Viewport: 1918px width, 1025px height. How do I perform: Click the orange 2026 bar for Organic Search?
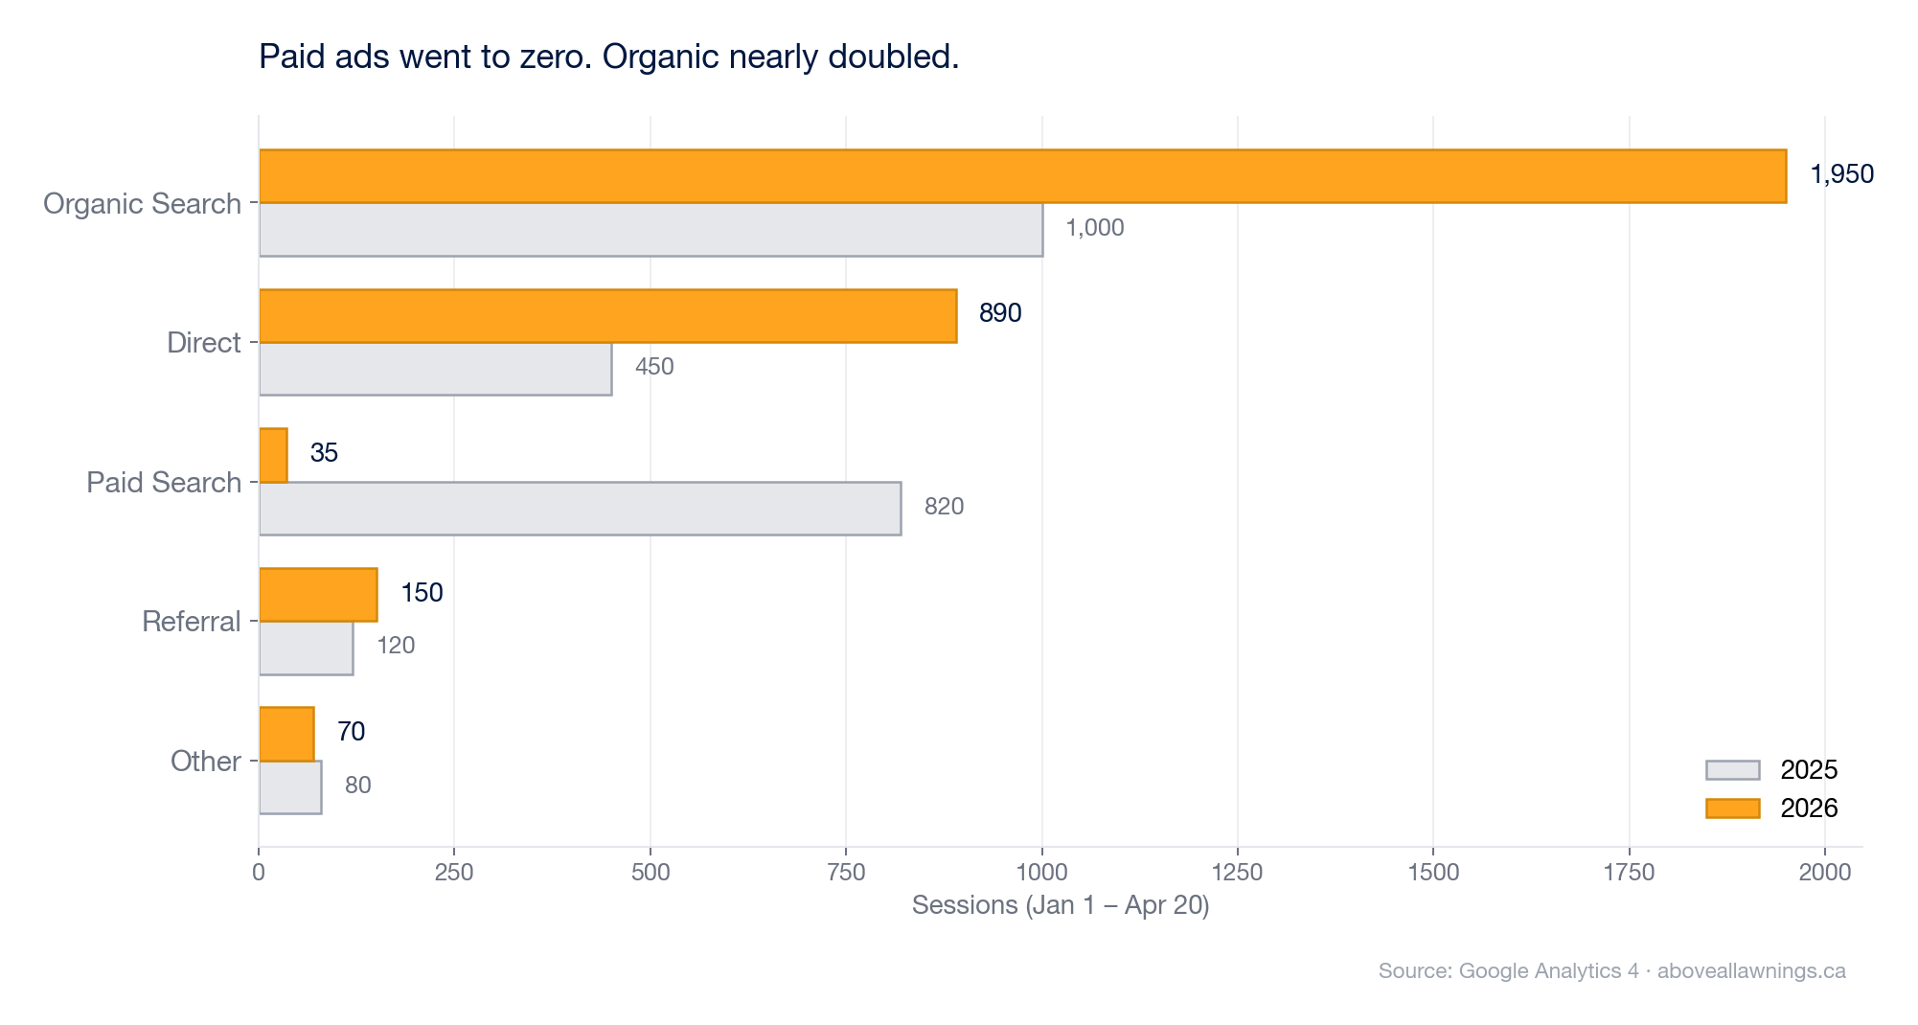point(1022,176)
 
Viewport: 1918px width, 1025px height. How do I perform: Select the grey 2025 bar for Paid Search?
point(580,509)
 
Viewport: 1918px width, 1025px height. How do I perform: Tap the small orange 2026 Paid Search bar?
point(273,456)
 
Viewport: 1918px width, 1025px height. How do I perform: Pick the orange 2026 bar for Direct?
point(607,316)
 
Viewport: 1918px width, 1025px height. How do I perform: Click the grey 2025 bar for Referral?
point(306,649)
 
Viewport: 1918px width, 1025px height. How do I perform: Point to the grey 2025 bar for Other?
point(290,787)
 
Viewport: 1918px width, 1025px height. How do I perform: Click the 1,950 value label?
point(1841,174)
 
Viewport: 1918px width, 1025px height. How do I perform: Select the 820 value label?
point(944,507)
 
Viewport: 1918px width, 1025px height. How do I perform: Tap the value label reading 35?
point(324,453)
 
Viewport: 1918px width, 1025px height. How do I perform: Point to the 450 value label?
point(654,367)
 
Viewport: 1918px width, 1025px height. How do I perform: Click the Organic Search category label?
point(142,204)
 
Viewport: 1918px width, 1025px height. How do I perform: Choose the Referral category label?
point(191,622)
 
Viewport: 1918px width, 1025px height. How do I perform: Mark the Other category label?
point(205,762)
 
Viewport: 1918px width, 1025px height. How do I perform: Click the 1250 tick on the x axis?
point(1237,873)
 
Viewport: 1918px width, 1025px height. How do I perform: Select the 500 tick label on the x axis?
point(650,873)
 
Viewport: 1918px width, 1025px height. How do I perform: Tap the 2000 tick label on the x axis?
point(1824,873)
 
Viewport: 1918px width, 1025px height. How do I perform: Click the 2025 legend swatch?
point(1732,770)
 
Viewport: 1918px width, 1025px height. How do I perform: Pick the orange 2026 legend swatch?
point(1732,809)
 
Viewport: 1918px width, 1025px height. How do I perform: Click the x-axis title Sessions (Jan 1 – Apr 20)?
point(1060,905)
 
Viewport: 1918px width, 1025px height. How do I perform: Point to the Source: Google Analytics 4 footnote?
point(1611,971)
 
